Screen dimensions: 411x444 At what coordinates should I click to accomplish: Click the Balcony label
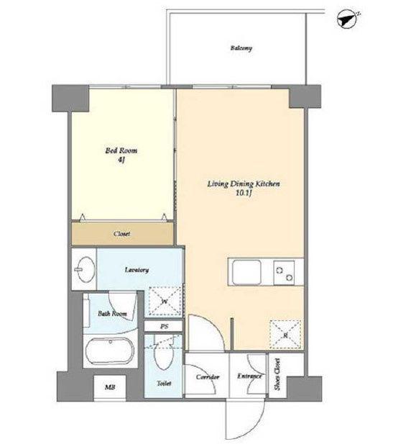coord(241,48)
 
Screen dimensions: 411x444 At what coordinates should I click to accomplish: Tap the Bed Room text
coord(121,150)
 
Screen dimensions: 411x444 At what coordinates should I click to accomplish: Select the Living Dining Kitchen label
coord(244,184)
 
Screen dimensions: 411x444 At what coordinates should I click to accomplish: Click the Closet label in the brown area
coord(122,234)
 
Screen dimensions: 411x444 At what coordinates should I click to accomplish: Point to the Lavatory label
coord(137,270)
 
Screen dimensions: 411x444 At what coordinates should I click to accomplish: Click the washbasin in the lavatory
coord(85,269)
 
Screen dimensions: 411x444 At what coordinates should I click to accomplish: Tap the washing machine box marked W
coord(165,302)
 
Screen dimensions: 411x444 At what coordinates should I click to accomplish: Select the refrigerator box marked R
coord(285,335)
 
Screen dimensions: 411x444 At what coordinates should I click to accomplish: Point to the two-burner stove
coord(284,273)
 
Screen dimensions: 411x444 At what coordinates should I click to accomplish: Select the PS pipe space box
coord(164,326)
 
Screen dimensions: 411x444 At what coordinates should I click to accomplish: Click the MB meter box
coord(110,387)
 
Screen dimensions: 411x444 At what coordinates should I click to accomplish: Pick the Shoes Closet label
coord(278,374)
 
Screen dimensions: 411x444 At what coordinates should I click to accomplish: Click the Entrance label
coord(249,376)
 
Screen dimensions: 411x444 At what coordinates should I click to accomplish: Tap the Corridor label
coord(208,377)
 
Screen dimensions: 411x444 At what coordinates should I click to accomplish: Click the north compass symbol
coord(347,19)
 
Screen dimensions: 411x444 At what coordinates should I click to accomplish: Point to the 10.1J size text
coord(244,194)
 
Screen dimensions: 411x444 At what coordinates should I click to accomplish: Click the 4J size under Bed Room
coord(121,160)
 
